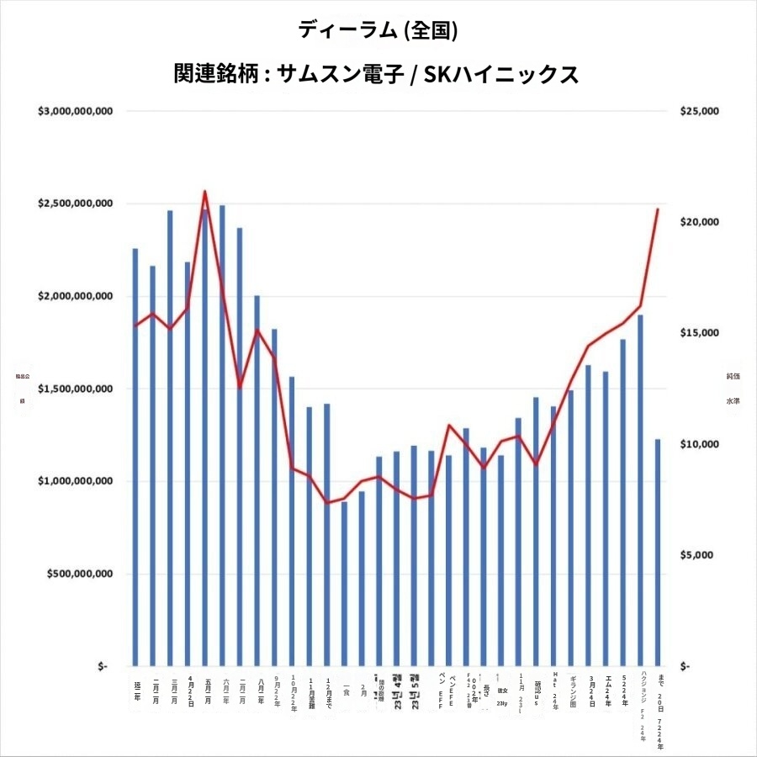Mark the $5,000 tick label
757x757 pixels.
(x=700, y=555)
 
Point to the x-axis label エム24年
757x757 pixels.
(x=606, y=689)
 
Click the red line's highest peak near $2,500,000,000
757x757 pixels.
(x=205, y=191)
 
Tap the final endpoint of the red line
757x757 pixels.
(x=658, y=209)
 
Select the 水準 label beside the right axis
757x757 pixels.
(x=733, y=401)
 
